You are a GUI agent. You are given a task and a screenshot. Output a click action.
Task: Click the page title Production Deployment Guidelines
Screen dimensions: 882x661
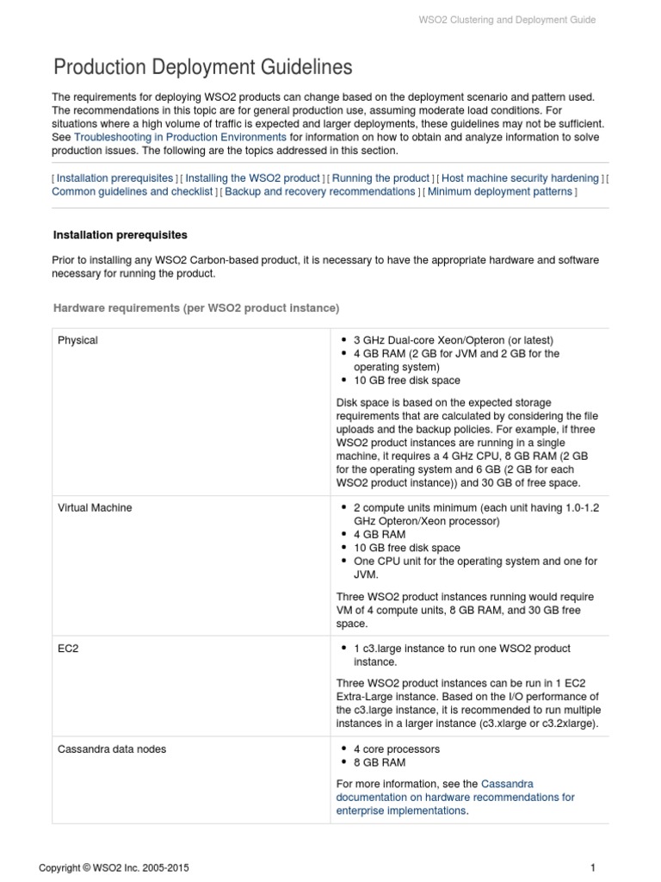coord(202,67)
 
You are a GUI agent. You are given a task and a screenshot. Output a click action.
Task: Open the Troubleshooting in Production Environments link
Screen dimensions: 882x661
coord(180,137)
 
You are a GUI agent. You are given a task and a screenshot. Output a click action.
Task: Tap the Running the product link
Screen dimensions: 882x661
coord(380,177)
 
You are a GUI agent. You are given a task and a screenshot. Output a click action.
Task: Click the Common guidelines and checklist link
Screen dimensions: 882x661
coord(133,191)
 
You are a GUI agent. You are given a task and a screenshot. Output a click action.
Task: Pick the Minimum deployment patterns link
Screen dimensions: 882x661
coord(499,191)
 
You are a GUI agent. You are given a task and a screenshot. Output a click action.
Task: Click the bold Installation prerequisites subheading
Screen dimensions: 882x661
coord(120,234)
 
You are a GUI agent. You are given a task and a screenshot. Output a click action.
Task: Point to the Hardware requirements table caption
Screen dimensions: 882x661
coord(196,307)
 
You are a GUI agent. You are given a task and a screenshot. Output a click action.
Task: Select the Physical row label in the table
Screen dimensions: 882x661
coord(77,340)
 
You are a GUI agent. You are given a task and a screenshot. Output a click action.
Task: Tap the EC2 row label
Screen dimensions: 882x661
coord(67,648)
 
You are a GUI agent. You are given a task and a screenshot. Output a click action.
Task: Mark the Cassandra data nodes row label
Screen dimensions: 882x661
coord(112,749)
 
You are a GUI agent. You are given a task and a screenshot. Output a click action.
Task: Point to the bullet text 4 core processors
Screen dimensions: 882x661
coord(397,749)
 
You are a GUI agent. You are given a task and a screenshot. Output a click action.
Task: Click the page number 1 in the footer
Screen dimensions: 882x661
coord(593,867)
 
